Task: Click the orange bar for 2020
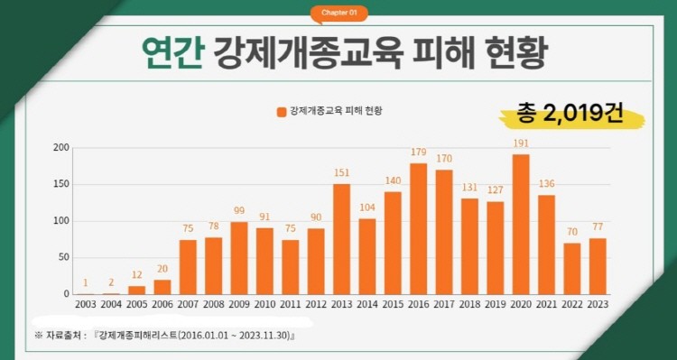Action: tap(521, 225)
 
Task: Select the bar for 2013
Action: tap(341, 239)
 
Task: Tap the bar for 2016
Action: tap(418, 229)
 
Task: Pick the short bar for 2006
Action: tap(162, 287)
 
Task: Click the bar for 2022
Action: tap(572, 269)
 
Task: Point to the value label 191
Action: tap(521, 143)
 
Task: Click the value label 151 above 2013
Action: tap(341, 173)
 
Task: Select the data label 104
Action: tap(367, 208)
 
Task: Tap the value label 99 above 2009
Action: tap(239, 210)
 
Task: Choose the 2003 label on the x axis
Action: tap(86, 304)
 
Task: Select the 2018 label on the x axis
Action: tap(469, 304)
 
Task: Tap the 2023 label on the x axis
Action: tap(598, 304)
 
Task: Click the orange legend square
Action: tap(282, 112)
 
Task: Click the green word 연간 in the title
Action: tap(172, 54)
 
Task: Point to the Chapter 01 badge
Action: tap(338, 13)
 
